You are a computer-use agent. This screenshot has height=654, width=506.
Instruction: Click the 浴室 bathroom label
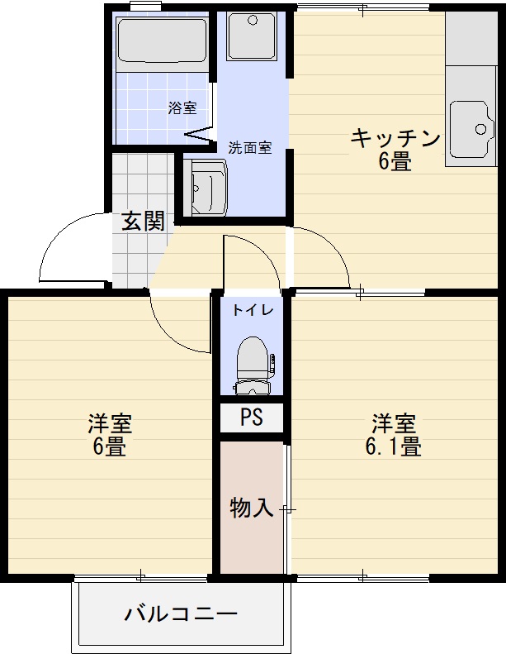pyautogui.click(x=182, y=107)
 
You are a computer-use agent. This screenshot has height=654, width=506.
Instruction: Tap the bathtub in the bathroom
pyautogui.click(x=162, y=41)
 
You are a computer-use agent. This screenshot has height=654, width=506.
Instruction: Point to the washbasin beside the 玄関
pyautogui.click(x=205, y=188)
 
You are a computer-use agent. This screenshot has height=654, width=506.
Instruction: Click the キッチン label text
pyautogui.click(x=395, y=138)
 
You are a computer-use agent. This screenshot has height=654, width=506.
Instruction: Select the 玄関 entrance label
pyautogui.click(x=144, y=221)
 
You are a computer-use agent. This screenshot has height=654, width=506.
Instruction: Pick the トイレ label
pyautogui.click(x=249, y=311)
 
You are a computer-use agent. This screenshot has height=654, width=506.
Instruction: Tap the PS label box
pyautogui.click(x=252, y=418)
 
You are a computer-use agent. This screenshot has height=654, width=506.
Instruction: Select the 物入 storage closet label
pyautogui.click(x=251, y=507)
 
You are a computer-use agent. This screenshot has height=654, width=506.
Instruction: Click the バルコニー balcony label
pyautogui.click(x=182, y=614)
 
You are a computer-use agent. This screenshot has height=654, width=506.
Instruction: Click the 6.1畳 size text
pyautogui.click(x=394, y=447)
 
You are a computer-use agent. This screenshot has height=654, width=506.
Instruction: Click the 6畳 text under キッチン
pyautogui.click(x=395, y=161)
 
